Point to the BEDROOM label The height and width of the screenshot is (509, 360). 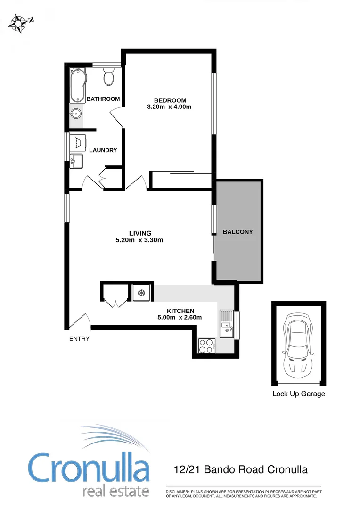point(170,100)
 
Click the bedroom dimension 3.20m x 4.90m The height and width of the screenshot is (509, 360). point(170,107)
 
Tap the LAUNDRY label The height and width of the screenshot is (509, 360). point(103,150)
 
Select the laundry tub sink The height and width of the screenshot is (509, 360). point(76,161)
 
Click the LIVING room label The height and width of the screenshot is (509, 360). point(140,233)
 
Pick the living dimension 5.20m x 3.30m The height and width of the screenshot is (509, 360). point(140,240)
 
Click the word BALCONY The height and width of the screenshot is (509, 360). point(238,232)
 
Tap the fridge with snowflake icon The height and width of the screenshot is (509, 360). point(140,293)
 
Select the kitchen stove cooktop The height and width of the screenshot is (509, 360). point(207,345)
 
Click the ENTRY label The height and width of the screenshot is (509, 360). point(79,338)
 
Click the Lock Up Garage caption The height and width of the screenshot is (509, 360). point(299,394)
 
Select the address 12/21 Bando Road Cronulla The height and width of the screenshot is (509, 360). point(240,469)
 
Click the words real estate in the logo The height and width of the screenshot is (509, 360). point(115,491)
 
